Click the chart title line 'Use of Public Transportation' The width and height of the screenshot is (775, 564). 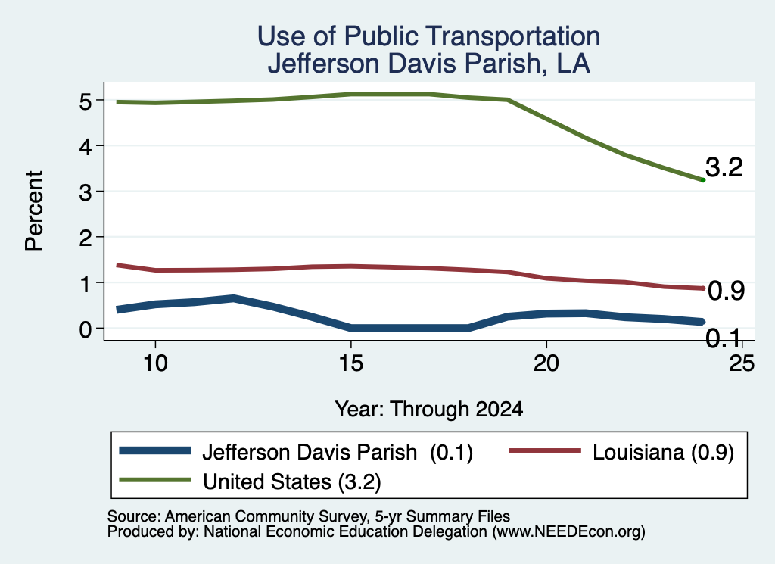point(428,36)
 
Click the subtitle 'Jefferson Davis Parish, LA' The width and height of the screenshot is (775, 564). point(428,64)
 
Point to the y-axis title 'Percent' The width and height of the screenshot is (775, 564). point(35,210)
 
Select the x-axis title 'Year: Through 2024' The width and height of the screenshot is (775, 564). point(428,410)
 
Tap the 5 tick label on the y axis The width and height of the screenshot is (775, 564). point(86,102)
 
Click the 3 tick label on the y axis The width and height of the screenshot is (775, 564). point(86,192)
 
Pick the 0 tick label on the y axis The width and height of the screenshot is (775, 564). point(86,329)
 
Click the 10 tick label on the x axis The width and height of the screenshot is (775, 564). point(155,364)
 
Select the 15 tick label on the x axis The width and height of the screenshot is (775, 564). point(351,364)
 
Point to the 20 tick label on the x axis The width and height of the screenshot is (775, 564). point(546,364)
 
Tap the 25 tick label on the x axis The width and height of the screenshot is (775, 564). point(742,364)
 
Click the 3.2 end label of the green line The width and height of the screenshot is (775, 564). point(724,167)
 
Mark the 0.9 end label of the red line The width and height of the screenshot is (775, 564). point(726,291)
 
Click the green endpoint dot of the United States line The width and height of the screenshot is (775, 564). point(703,180)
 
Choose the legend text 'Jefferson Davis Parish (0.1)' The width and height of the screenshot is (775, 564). point(338,453)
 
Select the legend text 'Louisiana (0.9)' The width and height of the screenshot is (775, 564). point(663,453)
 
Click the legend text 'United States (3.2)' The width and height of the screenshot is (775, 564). point(291,482)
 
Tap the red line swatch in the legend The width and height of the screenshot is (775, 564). point(545,450)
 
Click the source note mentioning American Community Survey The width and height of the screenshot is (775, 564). point(309,516)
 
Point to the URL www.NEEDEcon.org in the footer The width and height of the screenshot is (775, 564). point(568,532)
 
